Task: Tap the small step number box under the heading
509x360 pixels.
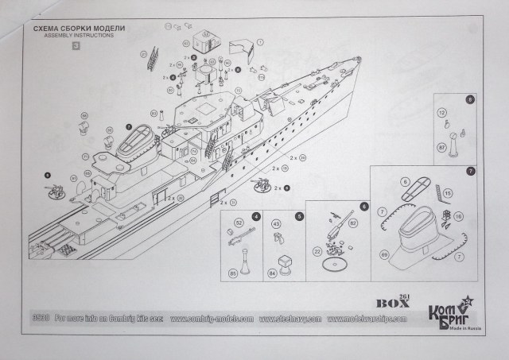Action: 76,45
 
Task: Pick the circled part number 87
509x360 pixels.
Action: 442,148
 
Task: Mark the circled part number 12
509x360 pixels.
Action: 442,113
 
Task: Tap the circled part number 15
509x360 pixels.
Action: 448,192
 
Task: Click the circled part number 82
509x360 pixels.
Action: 353,234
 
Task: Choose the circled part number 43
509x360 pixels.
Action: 277,225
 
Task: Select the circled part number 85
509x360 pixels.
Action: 233,274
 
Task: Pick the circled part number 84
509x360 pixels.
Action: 274,274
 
